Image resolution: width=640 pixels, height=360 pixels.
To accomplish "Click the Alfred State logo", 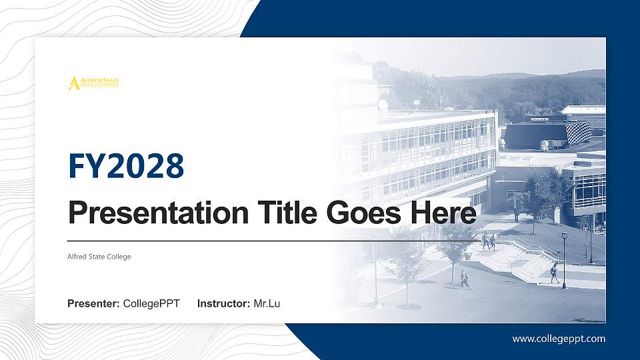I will pos(93,83).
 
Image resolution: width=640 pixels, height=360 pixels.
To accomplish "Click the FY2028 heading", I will pos(126,166).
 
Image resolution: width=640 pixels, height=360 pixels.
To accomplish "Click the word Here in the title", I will pos(445,213).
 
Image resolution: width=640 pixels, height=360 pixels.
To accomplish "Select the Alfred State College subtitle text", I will pos(99,257).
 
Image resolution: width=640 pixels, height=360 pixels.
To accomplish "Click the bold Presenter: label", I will pos(93,304).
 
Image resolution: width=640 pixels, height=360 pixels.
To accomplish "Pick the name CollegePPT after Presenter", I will pos(151,304).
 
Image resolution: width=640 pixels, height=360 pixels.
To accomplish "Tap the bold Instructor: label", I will pos(224,304).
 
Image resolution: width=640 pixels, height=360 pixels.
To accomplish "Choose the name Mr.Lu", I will pos(267,304).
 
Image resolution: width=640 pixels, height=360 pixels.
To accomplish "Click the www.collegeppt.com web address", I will pos(559,339).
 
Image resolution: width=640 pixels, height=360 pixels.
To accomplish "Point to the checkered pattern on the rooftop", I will pos(578,132).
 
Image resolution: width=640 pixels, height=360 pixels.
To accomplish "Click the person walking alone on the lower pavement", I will pos(465,279).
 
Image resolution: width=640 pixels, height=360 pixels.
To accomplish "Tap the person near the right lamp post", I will pos(554,271).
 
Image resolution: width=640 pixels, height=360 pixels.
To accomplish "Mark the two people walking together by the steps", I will pos(489,241).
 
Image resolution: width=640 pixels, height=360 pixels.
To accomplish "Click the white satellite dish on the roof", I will pos(383,105).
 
